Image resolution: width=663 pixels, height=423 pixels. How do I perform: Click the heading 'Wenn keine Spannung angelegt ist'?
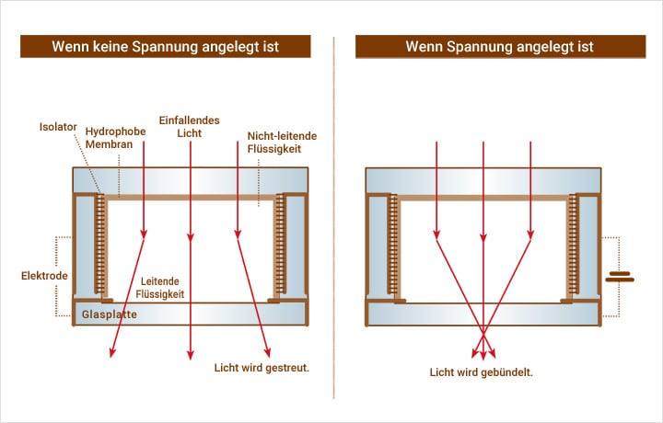(166, 46)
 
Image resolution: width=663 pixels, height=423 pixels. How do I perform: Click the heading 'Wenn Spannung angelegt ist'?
(500, 46)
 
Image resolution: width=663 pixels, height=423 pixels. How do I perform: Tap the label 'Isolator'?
(57, 125)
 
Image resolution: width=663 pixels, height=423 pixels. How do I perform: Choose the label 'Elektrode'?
(43, 275)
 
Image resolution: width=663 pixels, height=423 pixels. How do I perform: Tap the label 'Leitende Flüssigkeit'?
(163, 287)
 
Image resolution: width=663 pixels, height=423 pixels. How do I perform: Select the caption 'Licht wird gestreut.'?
(262, 367)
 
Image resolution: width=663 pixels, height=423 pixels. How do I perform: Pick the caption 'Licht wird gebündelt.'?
(482, 372)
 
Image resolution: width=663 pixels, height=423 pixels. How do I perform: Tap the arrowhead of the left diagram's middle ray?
(190, 354)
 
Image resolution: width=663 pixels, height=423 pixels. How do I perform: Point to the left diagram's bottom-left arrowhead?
(112, 353)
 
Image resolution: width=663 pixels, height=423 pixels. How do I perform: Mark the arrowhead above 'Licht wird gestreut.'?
(268, 353)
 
